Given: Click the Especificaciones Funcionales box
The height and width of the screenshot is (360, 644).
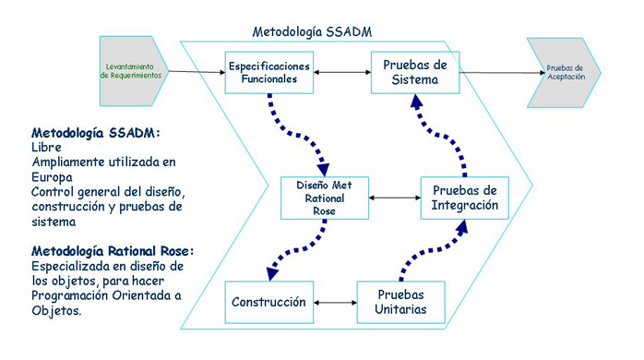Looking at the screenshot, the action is click(x=269, y=72).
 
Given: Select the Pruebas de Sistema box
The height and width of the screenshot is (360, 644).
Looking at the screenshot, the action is click(x=415, y=72).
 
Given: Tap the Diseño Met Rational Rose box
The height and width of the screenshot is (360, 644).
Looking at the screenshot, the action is click(x=325, y=198).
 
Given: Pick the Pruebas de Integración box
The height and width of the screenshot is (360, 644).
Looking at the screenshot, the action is click(x=464, y=198).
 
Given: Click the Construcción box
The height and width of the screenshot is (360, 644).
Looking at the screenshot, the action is click(x=269, y=302).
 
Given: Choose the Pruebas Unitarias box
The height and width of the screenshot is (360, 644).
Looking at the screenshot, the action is click(x=400, y=302).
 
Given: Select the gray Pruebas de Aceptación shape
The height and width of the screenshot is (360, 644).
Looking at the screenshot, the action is click(x=564, y=73).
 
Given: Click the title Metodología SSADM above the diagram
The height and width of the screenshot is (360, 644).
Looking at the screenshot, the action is click(x=312, y=31).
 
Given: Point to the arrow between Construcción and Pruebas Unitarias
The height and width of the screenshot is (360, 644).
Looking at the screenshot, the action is click(x=335, y=303).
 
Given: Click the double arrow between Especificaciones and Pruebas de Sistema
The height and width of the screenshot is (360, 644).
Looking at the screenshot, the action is click(x=342, y=72).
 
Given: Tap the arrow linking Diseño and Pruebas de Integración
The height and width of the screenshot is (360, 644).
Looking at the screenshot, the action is click(x=395, y=198).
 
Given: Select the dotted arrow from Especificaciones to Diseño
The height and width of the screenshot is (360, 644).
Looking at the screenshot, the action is click(x=296, y=135).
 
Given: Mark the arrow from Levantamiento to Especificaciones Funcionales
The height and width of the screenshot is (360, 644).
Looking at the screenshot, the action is click(x=197, y=72).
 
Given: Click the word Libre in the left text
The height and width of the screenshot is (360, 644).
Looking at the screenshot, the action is click(x=46, y=147).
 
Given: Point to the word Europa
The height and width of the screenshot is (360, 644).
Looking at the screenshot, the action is click(x=53, y=177).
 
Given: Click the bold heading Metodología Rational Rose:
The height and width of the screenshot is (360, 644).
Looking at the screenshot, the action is click(x=113, y=251).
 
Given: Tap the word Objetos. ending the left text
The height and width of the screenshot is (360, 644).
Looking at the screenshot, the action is click(x=56, y=310).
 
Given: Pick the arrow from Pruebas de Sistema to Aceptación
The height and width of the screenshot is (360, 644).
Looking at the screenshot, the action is click(x=502, y=73).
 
